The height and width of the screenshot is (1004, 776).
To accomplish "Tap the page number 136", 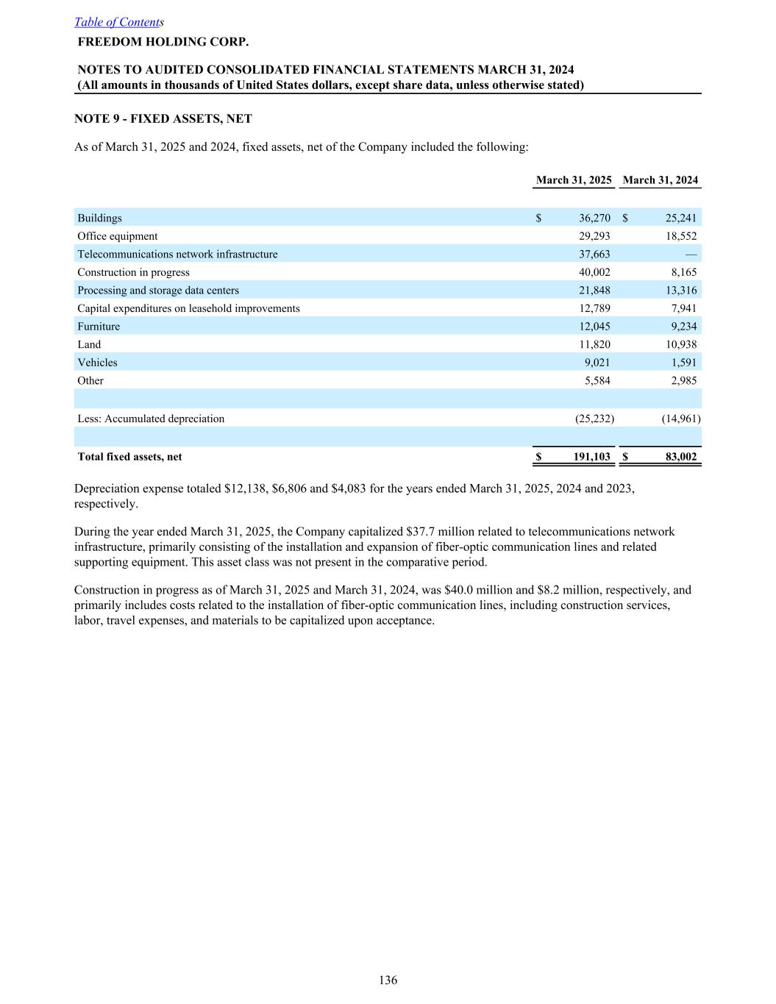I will click(388, 980).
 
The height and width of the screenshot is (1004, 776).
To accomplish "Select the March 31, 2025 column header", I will click(574, 180).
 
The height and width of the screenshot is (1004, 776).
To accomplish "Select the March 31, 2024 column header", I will click(660, 180).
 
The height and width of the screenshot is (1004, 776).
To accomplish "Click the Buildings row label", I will click(100, 218).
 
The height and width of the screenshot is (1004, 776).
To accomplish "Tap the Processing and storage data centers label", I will click(158, 291).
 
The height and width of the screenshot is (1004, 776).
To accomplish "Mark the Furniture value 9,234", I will click(683, 327).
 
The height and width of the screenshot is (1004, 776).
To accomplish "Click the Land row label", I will click(89, 344).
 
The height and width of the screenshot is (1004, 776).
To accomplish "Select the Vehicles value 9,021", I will click(597, 363).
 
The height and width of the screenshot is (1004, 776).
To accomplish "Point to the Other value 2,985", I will click(683, 380).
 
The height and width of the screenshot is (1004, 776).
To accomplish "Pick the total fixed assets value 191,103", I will click(592, 457).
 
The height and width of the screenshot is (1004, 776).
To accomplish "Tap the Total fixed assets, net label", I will click(129, 457).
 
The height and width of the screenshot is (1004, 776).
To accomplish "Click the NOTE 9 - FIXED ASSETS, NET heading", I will click(163, 118).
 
